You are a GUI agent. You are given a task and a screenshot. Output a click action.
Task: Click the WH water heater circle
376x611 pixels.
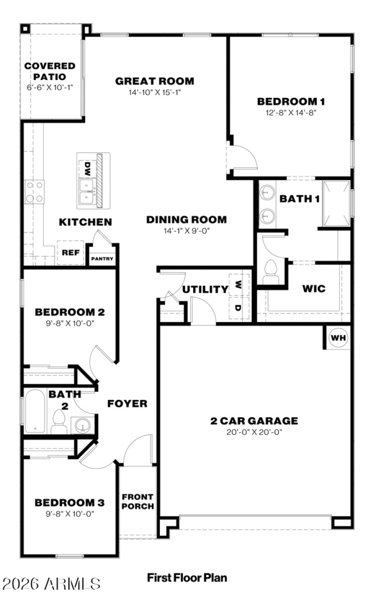tap(337, 338)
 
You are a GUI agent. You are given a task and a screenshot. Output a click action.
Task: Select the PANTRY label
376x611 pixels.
tap(102, 259)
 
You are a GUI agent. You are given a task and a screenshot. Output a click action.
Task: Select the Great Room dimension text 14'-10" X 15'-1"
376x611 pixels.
tap(155, 93)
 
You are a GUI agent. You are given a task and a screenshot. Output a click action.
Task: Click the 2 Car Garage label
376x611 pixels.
tap(254, 420)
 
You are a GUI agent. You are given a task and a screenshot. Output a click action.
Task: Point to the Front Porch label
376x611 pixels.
tap(138, 501)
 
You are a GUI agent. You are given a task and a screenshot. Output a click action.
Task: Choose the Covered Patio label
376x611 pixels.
tap(50, 71)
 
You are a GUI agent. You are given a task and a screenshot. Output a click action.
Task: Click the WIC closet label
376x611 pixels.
tap(314, 288)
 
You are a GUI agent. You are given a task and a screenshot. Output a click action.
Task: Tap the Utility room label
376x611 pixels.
tap(205, 289)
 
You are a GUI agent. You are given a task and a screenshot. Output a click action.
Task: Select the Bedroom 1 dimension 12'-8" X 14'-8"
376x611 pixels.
tap(291, 113)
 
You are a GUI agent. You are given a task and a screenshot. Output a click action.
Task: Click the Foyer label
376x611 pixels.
tap(127, 404)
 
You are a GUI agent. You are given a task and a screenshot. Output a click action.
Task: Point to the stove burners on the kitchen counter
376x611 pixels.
tap(34, 192)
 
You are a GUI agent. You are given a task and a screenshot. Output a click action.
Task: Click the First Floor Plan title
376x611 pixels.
tap(187, 577)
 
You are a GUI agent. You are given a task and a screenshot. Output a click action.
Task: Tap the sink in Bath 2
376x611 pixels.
tap(83, 426)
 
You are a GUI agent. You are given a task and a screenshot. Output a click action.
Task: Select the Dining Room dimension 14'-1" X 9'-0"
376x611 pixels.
tap(186, 231)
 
